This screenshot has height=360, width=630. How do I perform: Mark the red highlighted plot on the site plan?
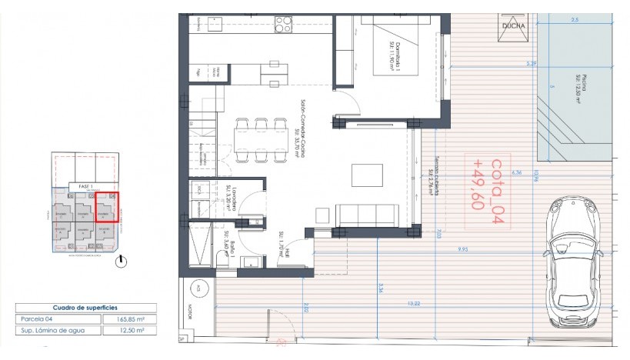coord(107,207)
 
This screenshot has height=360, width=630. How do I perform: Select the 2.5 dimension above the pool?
coord(576,22)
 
